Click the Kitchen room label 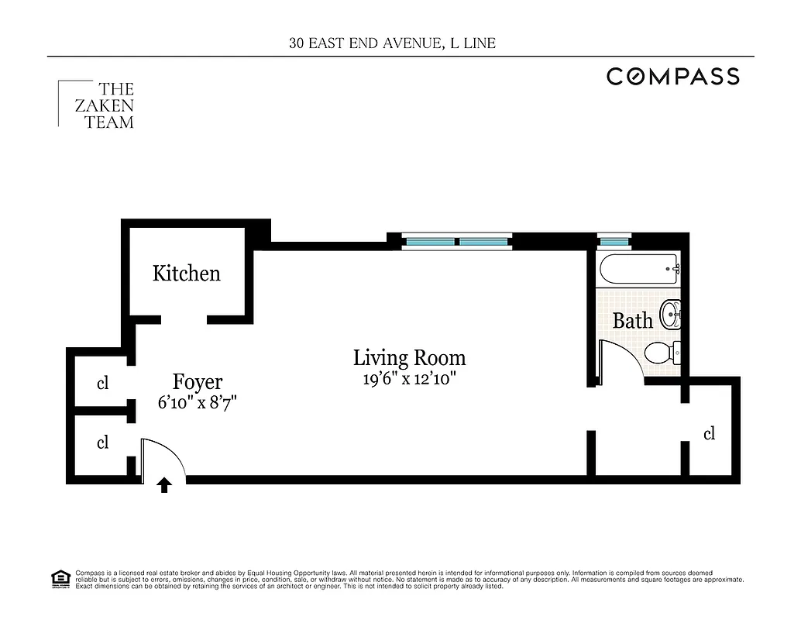(186, 274)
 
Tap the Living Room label (409, 357)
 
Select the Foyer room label (197, 382)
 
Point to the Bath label (632, 320)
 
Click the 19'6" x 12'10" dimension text (409, 380)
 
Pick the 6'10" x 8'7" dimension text (197, 403)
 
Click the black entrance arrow (164, 485)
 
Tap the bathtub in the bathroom (639, 270)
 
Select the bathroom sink (670, 315)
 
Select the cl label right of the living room (709, 434)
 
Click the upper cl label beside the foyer (102, 383)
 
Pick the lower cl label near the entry (102, 443)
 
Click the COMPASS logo (672, 76)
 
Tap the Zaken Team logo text (104, 105)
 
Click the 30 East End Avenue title (393, 43)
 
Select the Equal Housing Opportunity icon (60, 579)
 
